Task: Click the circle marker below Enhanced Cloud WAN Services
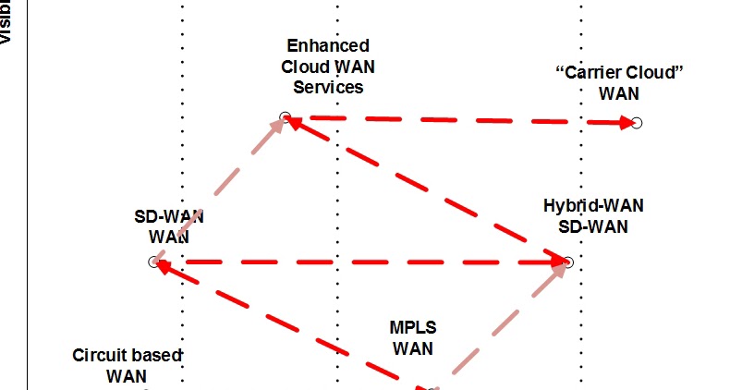coord(286,117)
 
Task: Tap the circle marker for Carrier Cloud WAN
coord(636,123)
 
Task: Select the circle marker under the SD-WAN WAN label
coord(154,262)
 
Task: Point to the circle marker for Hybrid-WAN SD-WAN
coord(568,262)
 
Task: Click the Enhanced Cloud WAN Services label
coord(328,67)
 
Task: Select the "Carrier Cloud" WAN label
coord(619,83)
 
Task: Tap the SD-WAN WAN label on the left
coord(169,226)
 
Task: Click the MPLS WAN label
coord(413,338)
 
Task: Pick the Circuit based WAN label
coord(127,366)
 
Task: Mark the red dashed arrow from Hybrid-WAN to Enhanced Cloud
coord(425,189)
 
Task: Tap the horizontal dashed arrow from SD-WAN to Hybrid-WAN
coord(360,262)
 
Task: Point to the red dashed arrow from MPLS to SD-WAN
coord(286,323)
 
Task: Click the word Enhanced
coord(328,45)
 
